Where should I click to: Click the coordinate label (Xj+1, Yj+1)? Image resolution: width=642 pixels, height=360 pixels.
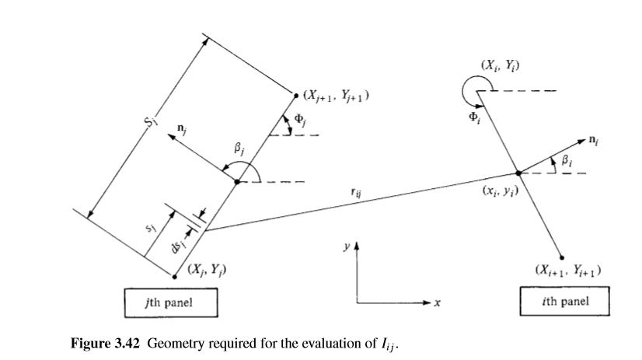(x=336, y=96)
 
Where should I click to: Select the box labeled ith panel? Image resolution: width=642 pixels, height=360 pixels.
(x=565, y=302)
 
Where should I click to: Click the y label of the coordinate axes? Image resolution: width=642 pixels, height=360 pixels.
(x=347, y=246)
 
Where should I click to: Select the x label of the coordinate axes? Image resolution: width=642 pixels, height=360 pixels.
(x=438, y=304)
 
